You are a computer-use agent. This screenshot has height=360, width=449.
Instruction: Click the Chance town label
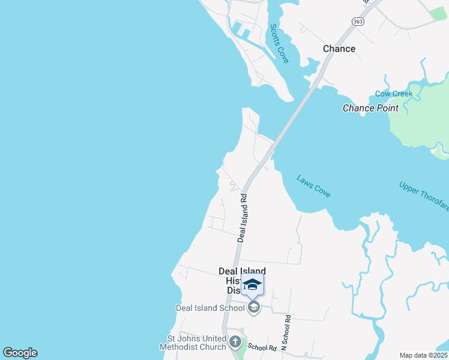[x=339, y=49]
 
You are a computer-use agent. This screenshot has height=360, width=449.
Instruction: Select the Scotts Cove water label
[x=279, y=43]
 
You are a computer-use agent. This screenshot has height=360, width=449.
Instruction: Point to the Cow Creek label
[x=394, y=94]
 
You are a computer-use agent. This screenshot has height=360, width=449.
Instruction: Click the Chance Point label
[x=370, y=108]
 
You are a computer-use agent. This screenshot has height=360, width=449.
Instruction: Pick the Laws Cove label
[x=313, y=186]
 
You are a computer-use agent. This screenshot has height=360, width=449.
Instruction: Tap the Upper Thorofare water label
[x=423, y=196]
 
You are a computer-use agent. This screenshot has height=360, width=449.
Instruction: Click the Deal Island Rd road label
[x=243, y=217]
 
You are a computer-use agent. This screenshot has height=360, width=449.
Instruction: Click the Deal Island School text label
[x=210, y=308]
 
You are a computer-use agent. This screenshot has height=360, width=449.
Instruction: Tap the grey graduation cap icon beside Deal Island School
[x=253, y=308]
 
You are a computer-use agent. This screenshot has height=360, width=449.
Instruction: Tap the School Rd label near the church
[x=262, y=347]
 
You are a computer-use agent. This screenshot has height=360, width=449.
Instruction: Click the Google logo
[x=20, y=353]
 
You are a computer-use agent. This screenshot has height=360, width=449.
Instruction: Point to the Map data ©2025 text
[x=423, y=355]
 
